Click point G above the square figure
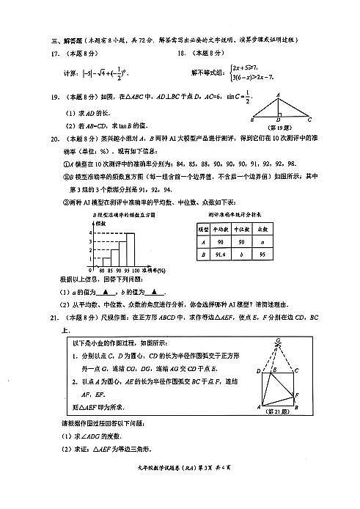[x=279, y=340]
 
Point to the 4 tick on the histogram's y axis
[x=89, y=234]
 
